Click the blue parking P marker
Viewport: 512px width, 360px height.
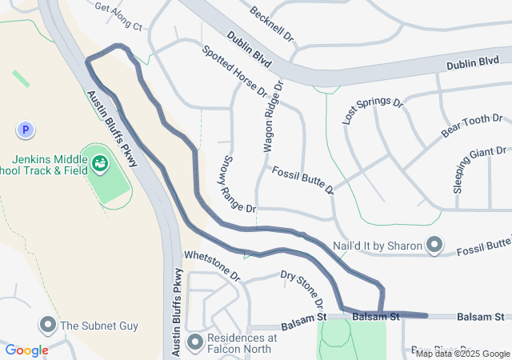[26, 129]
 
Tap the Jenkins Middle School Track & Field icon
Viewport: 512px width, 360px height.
[100, 164]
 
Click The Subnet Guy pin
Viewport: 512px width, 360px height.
[47, 325]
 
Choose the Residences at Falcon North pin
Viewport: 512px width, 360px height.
[195, 342]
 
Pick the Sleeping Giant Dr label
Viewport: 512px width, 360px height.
[480, 170]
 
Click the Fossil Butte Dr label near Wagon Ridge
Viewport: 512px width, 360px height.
[302, 181]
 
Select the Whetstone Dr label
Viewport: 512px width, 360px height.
[212, 264]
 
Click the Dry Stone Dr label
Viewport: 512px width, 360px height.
[303, 289]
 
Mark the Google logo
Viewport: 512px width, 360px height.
[26, 350]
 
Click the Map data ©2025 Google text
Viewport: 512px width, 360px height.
[462, 354]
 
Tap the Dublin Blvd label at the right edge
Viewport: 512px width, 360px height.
[473, 62]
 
